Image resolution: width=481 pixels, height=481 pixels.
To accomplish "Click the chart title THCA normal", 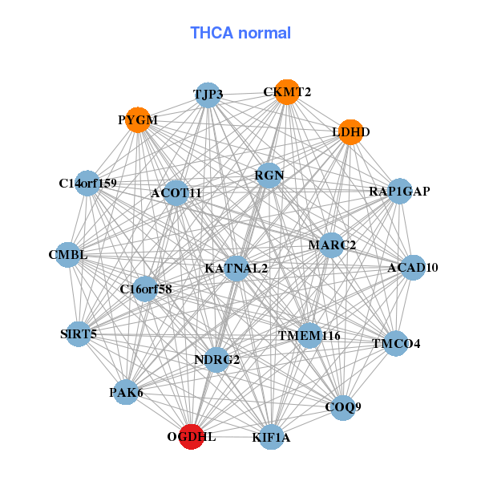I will click(x=240, y=33).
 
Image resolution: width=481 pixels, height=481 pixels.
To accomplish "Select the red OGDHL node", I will click(x=191, y=437).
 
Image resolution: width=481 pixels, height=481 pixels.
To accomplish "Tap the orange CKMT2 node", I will click(x=285, y=92).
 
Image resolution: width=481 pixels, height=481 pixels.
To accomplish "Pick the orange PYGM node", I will click(x=139, y=120).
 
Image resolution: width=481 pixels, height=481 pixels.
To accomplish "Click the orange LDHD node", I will click(x=350, y=131).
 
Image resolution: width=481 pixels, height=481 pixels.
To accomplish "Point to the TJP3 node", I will click(x=208, y=95).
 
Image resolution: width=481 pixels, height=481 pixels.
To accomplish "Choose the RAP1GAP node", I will click(x=399, y=191).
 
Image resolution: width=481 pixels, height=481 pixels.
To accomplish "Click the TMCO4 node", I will click(x=395, y=343).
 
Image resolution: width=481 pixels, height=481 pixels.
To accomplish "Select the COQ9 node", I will click(x=342, y=407).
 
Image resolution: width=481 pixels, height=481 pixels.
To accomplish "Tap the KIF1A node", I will click(x=271, y=437).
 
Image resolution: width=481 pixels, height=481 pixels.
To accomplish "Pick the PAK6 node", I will click(x=126, y=392).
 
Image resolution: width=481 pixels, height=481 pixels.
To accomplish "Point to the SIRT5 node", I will click(x=78, y=333).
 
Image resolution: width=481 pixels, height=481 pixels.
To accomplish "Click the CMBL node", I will click(x=67, y=255).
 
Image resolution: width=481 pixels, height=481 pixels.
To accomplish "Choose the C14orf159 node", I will click(x=87, y=184).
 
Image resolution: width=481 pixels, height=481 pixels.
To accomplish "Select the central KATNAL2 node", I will click(x=236, y=268).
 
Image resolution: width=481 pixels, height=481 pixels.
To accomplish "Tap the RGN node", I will click(x=269, y=175).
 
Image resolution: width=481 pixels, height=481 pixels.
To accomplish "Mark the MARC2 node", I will click(x=332, y=245).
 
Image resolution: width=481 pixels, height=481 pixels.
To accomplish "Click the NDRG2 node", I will click(x=217, y=359).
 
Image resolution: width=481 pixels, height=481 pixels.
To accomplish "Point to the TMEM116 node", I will click(x=309, y=335).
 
